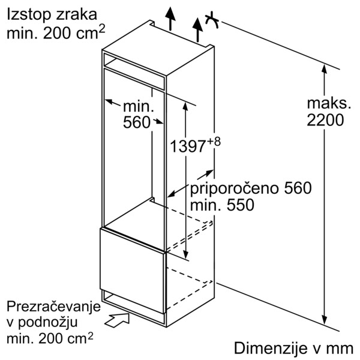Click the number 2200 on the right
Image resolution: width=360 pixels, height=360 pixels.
tap(325, 120)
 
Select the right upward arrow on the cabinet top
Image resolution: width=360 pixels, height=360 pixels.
tap(196, 28)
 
